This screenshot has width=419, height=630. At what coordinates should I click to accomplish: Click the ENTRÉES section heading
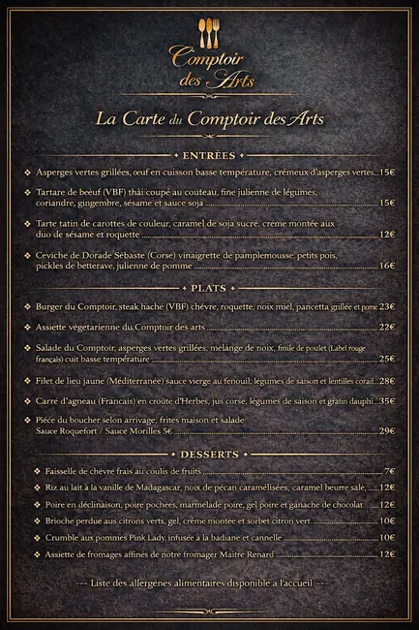pyautogui.click(x=208, y=155)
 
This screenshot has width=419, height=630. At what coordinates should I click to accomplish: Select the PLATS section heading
pyautogui.click(x=208, y=288)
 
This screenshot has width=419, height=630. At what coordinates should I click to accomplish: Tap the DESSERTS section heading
pyautogui.click(x=208, y=454)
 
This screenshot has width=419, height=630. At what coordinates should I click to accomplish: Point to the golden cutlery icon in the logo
pyautogui.click(x=209, y=29)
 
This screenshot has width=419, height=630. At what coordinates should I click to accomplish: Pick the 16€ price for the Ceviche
pyautogui.click(x=387, y=265)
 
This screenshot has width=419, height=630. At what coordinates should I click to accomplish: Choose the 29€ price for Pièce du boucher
pyautogui.click(x=387, y=430)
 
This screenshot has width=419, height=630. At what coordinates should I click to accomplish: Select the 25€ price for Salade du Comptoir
pyautogui.click(x=387, y=358)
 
